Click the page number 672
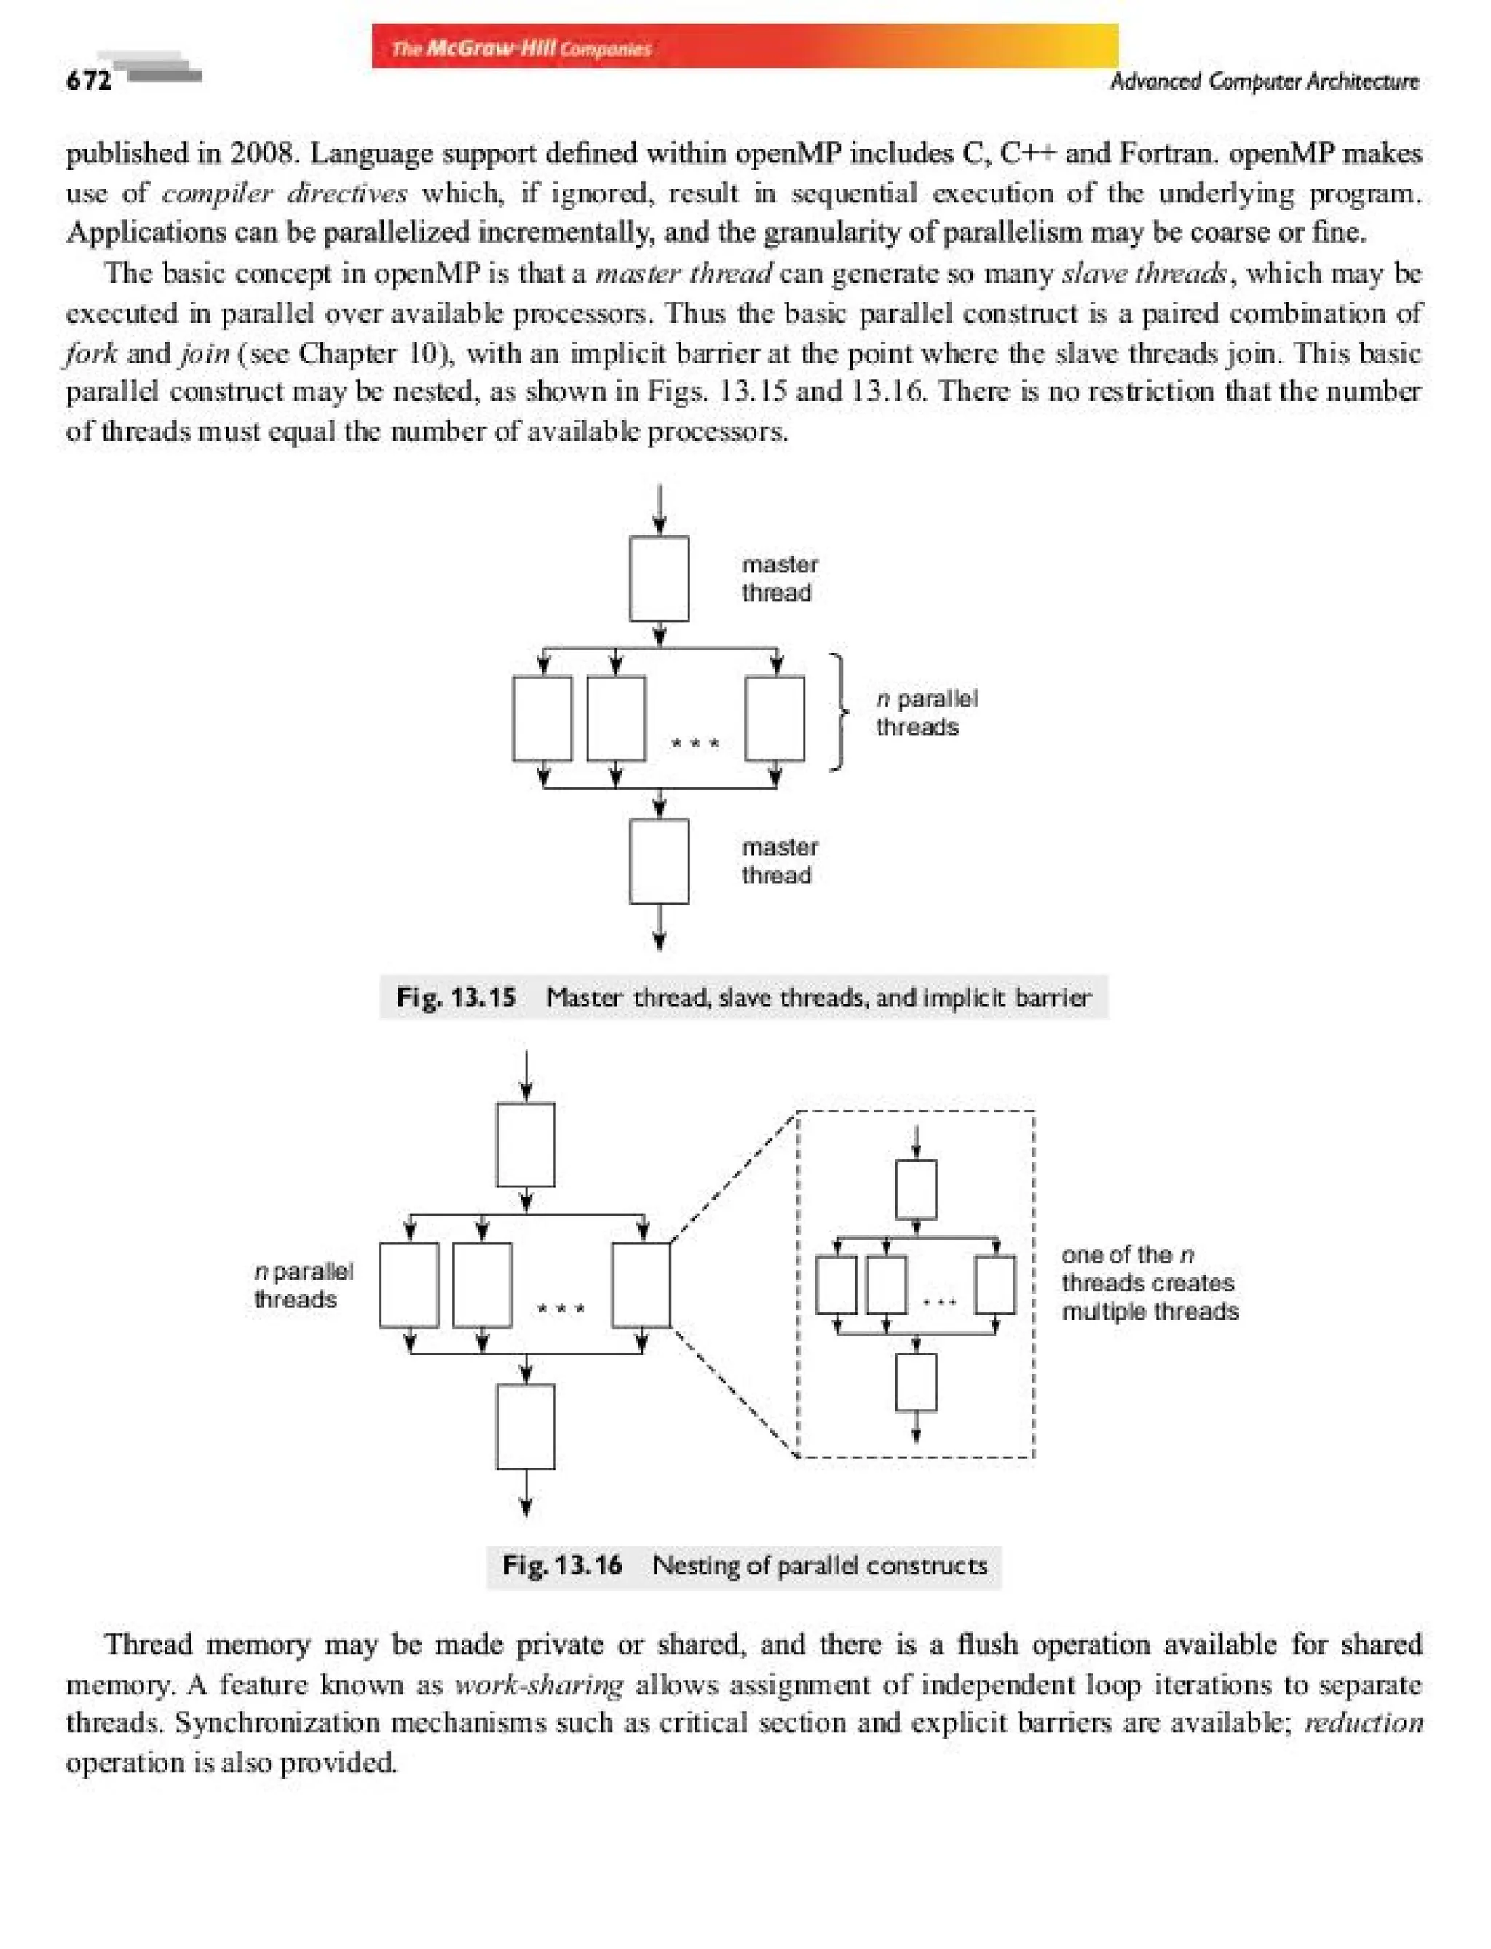click(x=89, y=81)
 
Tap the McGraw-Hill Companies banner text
click(x=522, y=48)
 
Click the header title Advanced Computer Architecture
click(x=1264, y=82)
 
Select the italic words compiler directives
click(x=284, y=193)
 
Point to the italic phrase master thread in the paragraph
click(x=684, y=273)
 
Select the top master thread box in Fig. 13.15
click(x=659, y=578)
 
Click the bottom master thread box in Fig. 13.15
click(x=659, y=862)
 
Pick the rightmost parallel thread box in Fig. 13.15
click(x=775, y=718)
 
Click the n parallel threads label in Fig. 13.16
click(x=303, y=1285)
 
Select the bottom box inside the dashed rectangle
click(x=916, y=1382)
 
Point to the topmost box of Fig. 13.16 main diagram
click(x=526, y=1143)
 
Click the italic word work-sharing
click(x=539, y=1685)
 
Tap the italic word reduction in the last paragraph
click(x=1363, y=1723)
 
